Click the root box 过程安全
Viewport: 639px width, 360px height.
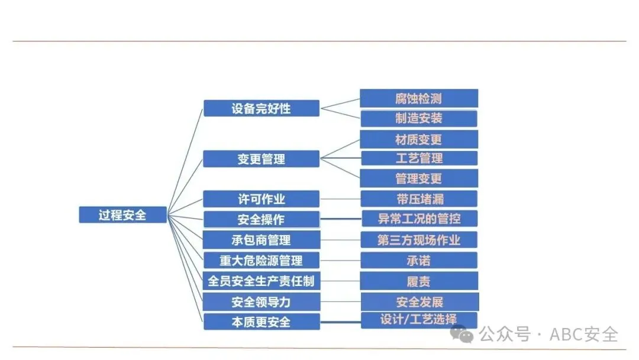(122, 214)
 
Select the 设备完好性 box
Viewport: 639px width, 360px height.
(261, 108)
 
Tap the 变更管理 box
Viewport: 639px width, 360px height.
(261, 159)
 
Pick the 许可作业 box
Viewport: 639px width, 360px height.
(261, 199)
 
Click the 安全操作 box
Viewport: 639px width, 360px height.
(261, 219)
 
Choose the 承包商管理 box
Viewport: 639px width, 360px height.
(261, 240)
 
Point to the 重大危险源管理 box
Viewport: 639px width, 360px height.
(261, 260)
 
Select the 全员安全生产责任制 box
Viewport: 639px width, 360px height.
(261, 281)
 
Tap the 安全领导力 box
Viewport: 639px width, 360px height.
(261, 301)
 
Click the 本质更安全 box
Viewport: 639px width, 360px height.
(261, 322)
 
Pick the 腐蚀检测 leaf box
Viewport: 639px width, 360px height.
(419, 98)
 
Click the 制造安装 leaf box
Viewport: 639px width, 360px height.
(419, 118)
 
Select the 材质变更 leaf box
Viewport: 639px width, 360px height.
(419, 140)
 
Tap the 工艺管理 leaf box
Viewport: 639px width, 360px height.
(419, 158)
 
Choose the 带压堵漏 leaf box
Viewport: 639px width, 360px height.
(419, 198)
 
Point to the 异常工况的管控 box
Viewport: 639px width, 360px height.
(419, 218)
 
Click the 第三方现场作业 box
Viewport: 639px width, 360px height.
(419, 240)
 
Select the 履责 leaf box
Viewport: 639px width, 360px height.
(419, 281)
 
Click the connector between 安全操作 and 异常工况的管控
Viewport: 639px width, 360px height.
(340, 219)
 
